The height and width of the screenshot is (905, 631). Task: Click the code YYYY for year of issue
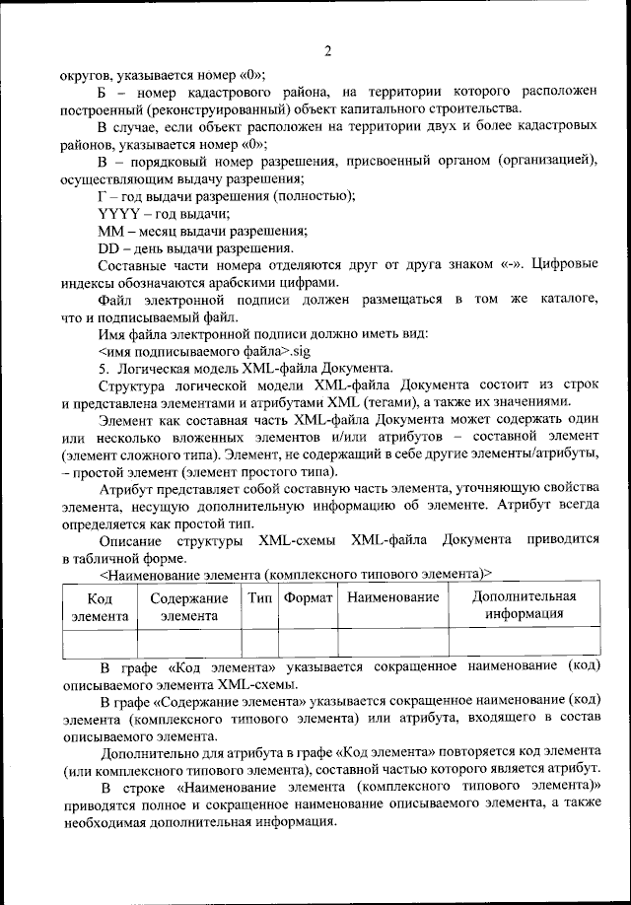point(119,213)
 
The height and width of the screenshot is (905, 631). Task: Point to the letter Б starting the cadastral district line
point(104,91)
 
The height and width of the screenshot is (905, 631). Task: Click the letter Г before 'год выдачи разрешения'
point(103,195)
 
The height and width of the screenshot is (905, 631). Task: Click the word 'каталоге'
point(570,299)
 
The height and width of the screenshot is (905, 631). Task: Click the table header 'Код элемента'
point(100,606)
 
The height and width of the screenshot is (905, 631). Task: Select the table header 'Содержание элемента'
point(189,606)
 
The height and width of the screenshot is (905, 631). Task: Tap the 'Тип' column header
point(260,598)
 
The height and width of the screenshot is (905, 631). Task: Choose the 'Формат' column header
point(308,598)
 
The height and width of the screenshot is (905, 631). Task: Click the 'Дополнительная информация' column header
point(524,605)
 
